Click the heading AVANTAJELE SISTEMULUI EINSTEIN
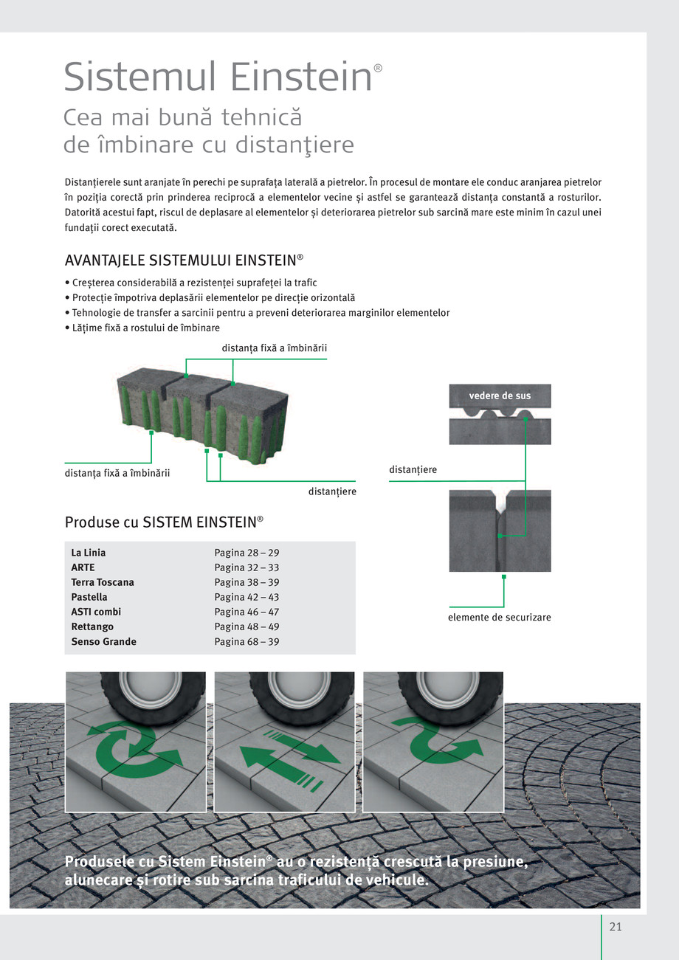point(184,260)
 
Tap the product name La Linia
point(89,553)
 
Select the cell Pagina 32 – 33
point(247,567)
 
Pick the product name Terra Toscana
point(103,582)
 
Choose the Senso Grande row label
point(103,642)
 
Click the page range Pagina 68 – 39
point(247,642)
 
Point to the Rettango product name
point(92,627)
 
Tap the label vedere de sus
point(500,396)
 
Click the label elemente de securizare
point(500,617)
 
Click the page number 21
point(616,928)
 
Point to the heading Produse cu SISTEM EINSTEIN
point(164,522)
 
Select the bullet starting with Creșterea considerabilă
point(191,283)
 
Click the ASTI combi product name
point(96,612)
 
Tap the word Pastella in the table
point(89,597)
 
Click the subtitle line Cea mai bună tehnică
point(183,117)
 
